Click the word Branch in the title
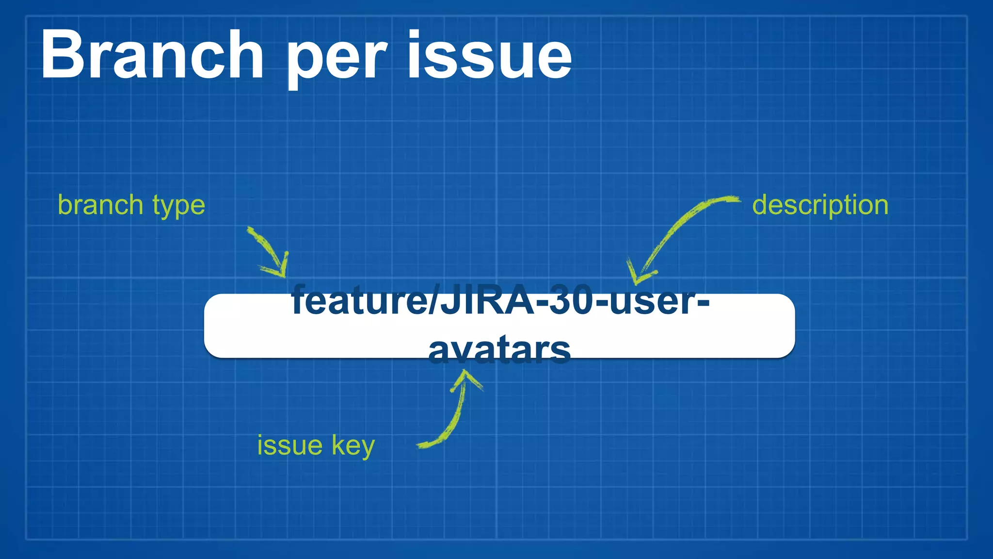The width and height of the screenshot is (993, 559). tap(152, 54)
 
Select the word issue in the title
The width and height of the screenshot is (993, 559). tap(490, 54)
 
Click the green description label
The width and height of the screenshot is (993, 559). tap(820, 205)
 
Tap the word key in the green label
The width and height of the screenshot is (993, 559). tap(353, 445)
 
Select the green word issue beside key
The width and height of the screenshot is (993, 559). tap(289, 445)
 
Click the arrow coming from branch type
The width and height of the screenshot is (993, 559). tap(269, 252)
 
